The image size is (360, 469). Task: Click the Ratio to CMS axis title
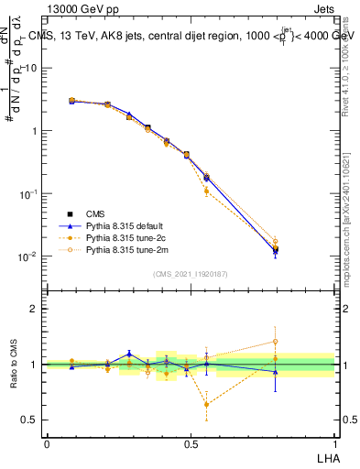(x=15, y=364)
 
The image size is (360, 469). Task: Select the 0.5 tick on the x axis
(x=191, y=443)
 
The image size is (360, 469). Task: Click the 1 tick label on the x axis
(x=335, y=443)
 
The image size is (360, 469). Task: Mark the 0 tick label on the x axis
(x=47, y=443)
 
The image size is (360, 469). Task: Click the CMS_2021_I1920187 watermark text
(x=191, y=274)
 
